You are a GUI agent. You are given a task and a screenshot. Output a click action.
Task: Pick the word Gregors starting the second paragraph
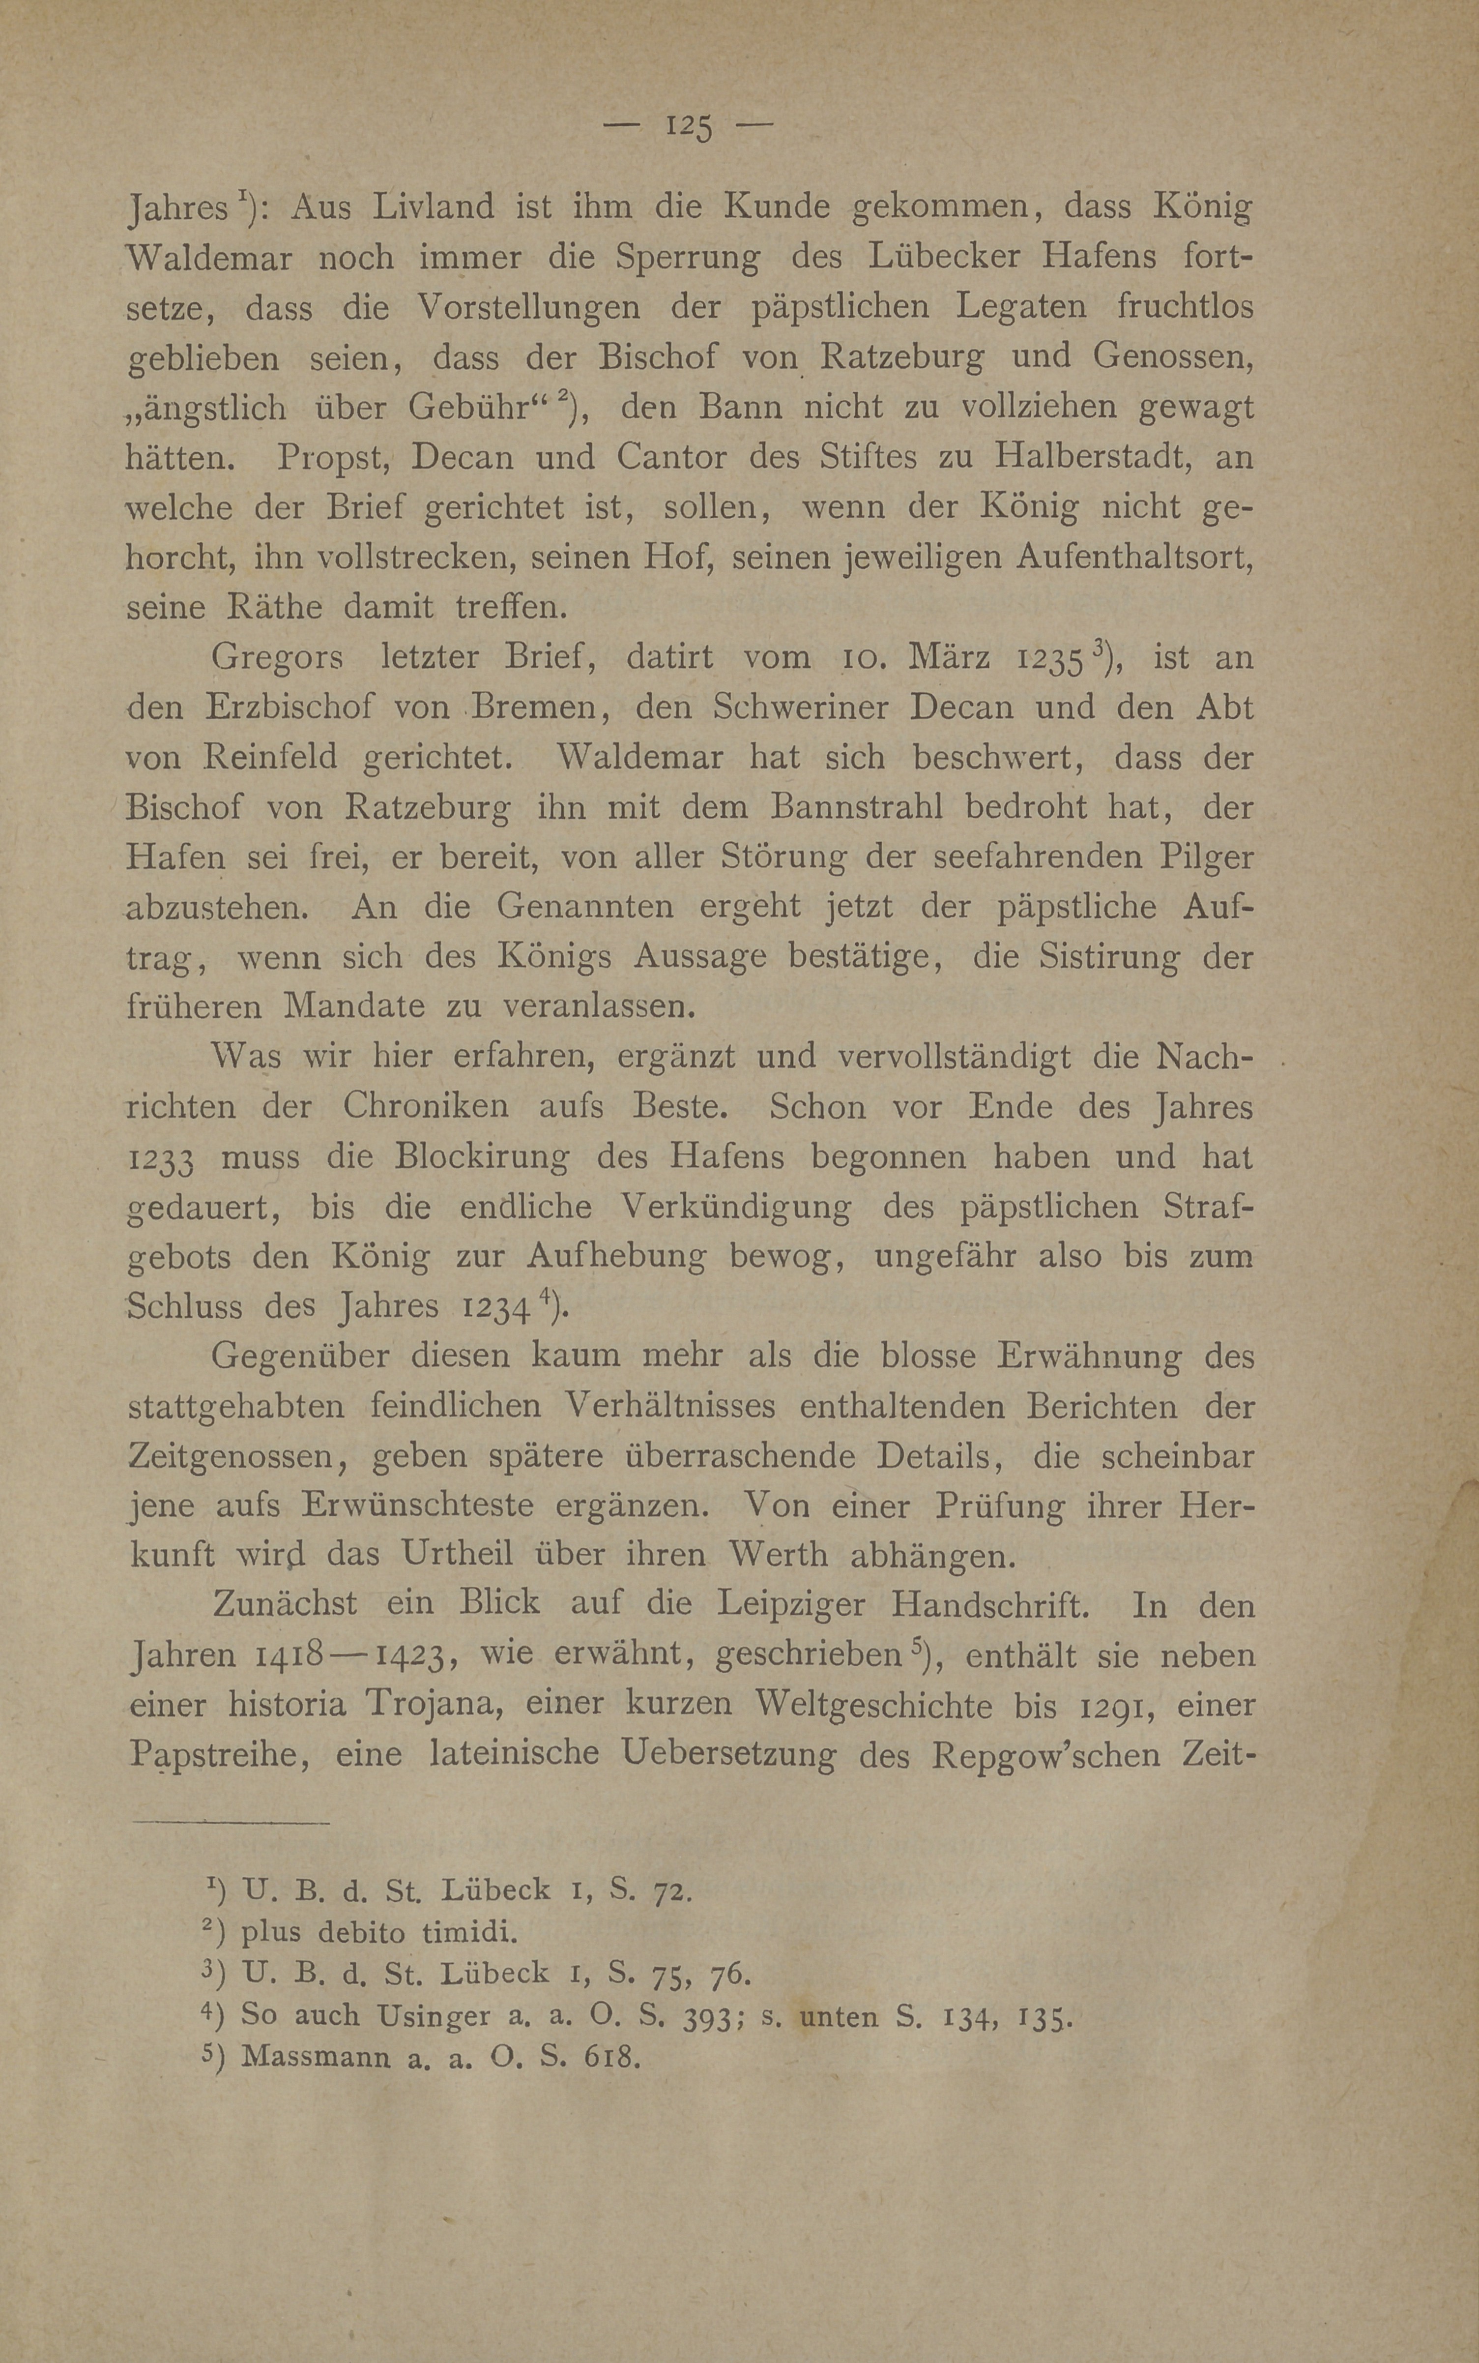click(277, 657)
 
